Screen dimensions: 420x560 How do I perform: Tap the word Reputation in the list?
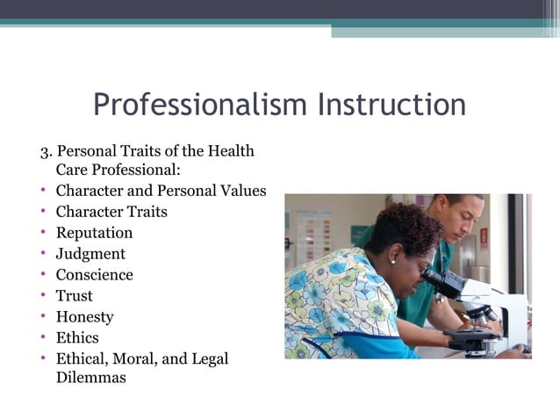pyautogui.click(x=94, y=233)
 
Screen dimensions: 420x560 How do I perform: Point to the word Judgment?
pyautogui.click(x=90, y=254)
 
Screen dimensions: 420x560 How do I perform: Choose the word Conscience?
pyautogui.click(x=94, y=275)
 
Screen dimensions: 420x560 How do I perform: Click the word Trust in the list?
pyautogui.click(x=74, y=296)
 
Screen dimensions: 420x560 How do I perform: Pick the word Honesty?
pyautogui.click(x=84, y=317)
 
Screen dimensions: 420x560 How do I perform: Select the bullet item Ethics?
pyautogui.click(x=77, y=337)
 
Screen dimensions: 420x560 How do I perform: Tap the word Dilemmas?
pyautogui.click(x=90, y=378)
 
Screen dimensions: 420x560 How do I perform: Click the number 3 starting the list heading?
pyautogui.click(x=44, y=151)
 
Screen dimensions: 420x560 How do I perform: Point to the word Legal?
pyautogui.click(x=209, y=358)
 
